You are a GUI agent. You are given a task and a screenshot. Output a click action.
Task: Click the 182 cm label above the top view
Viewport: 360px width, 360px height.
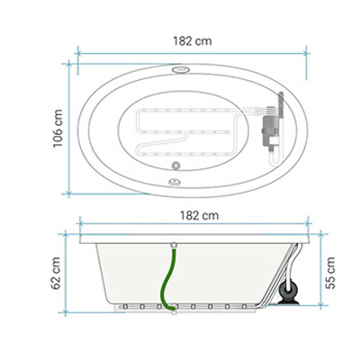tap(193, 41)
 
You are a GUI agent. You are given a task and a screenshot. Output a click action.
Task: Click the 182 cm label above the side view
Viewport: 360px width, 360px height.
tap(199, 215)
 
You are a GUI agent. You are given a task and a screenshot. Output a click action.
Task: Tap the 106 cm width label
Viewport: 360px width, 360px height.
tap(58, 129)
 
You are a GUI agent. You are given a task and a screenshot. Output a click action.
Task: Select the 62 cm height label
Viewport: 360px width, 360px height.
tap(56, 273)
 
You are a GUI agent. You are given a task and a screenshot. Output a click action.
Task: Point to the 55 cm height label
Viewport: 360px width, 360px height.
tap(330, 273)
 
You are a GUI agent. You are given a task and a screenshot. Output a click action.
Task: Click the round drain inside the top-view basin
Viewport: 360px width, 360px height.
tap(175, 165)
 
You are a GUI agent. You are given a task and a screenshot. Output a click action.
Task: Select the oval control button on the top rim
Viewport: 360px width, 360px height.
tap(181, 69)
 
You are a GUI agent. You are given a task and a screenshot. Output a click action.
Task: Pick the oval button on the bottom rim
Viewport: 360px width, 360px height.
tap(174, 181)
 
